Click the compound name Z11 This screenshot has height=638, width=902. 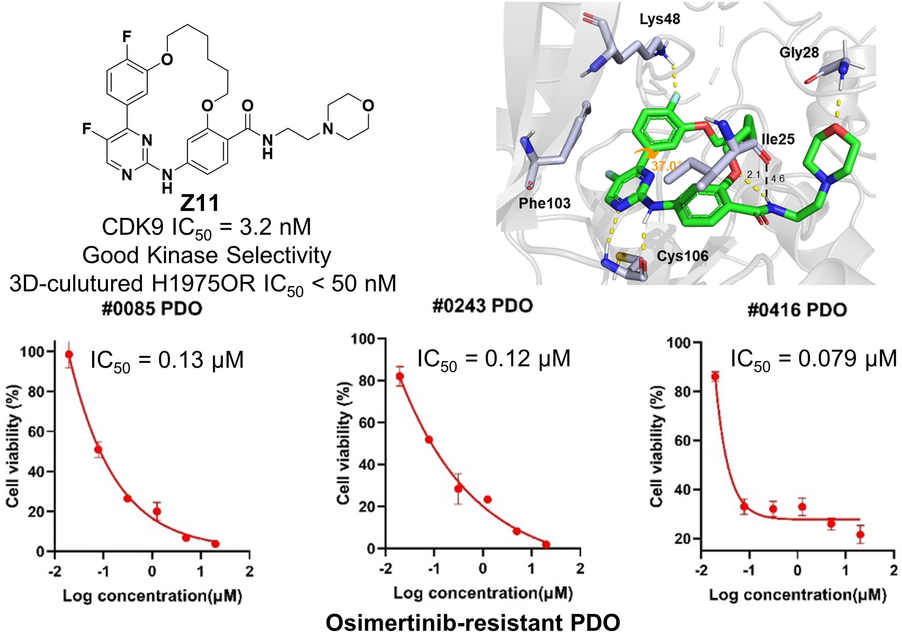[x=200, y=204]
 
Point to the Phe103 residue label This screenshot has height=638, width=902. [x=545, y=203]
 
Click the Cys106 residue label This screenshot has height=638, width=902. [x=682, y=256]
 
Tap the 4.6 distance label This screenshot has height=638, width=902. [x=778, y=179]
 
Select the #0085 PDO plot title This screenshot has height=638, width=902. [x=152, y=309]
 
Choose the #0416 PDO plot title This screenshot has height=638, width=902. [x=797, y=310]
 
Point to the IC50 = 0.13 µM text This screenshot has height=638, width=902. [x=167, y=360]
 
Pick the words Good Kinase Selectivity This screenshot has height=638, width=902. [x=207, y=255]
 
